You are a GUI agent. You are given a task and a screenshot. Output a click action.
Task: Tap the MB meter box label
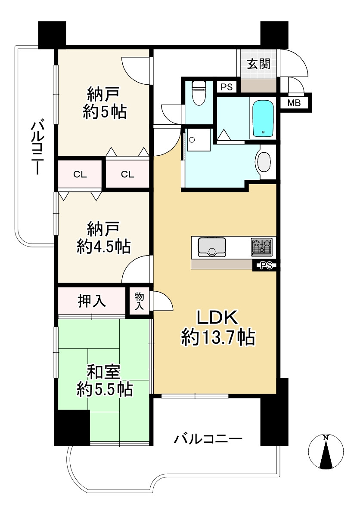click(x=294, y=103)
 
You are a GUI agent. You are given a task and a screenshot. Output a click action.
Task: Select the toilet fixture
click(x=199, y=93)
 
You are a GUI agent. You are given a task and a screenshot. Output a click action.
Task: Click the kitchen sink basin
click(x=212, y=247)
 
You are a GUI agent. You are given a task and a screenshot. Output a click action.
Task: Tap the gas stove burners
click(x=262, y=247)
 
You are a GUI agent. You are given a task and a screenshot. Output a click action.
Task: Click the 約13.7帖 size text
click(x=218, y=338)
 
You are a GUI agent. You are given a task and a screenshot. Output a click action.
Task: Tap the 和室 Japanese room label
click(x=104, y=371)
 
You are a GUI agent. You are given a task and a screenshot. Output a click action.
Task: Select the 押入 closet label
click(x=92, y=302)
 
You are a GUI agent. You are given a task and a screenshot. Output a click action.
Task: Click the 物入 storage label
click(x=140, y=301)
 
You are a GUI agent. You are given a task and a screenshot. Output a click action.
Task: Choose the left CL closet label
click(x=80, y=175)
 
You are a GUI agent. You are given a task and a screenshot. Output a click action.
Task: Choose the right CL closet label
click(x=127, y=175)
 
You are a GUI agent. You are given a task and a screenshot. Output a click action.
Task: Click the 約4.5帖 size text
click(x=104, y=247)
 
